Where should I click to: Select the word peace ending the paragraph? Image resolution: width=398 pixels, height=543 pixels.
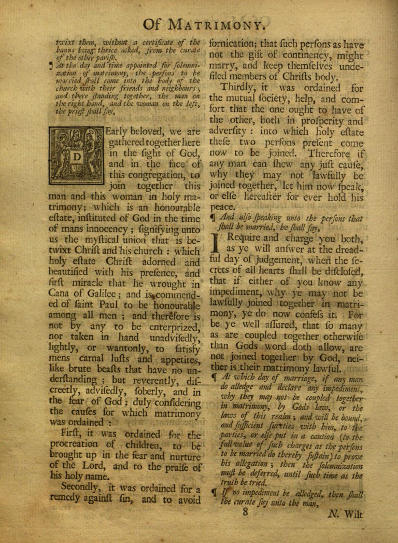click(x=221, y=206)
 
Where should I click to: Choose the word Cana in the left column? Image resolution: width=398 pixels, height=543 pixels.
click(x=59, y=297)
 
